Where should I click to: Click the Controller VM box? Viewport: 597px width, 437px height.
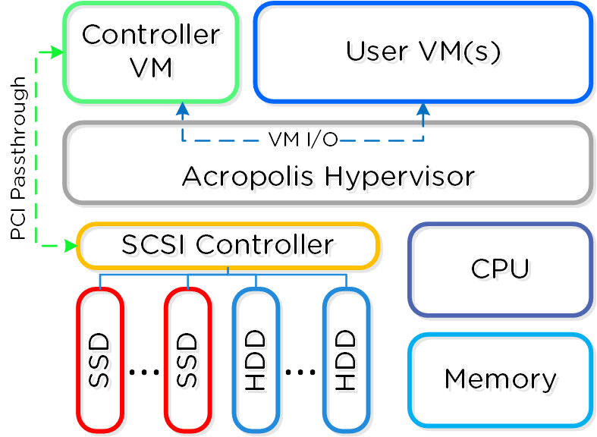pos(151,52)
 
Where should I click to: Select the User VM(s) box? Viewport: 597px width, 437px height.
pos(423,52)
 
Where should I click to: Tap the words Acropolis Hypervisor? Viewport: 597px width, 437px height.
pos(328,177)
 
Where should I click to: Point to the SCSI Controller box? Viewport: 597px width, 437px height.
pos(228,246)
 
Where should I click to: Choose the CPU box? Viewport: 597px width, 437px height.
pos(500,269)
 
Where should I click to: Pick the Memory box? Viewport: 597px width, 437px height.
pos(500,379)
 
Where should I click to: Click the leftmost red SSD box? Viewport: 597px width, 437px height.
pos(100,360)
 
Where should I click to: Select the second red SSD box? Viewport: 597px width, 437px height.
pos(187,360)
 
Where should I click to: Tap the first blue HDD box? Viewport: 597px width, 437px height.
pos(256,360)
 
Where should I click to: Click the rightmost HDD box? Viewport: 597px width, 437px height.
pos(346,360)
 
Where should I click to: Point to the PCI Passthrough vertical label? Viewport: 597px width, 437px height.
pos(18,158)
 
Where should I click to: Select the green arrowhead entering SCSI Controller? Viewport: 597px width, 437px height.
pos(71,246)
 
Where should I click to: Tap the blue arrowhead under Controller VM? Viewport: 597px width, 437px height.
pos(182,108)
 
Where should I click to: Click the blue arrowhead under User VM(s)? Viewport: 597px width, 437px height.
pos(423,108)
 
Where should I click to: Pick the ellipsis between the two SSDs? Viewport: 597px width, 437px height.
pos(143,372)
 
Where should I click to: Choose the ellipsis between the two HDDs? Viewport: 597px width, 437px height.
pos(300,372)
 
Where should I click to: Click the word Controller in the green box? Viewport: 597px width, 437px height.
pos(151,35)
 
